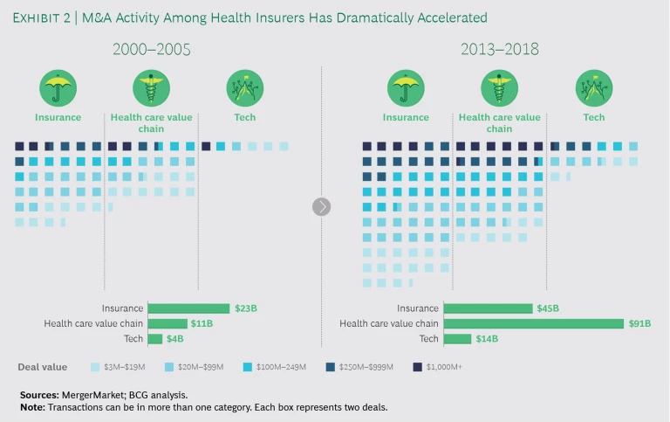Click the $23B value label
[x=243, y=308]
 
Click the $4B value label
[x=176, y=339]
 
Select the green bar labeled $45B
[x=488, y=308]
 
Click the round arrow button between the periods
[x=322, y=206]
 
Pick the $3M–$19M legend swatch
[x=94, y=367]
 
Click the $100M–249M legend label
[x=281, y=367]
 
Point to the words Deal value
[x=41, y=367]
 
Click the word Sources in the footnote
[x=38, y=396]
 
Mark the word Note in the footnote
[x=31, y=408]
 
